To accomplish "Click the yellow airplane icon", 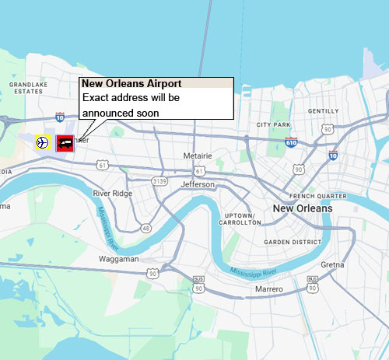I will [42, 142].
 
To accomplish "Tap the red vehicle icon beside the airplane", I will [65, 142].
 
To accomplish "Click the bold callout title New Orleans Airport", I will [132, 84].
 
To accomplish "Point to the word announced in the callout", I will [107, 113].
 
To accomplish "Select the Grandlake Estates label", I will [26, 87].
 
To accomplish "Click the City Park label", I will [273, 124].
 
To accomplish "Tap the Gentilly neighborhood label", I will [323, 111].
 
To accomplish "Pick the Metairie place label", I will [198, 156].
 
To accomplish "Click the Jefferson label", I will [198, 184].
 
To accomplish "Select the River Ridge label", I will [113, 193].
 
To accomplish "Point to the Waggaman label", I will [118, 259].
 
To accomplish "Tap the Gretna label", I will [332, 265].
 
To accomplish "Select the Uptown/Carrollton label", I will [240, 218].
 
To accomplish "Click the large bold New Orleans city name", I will [302, 208].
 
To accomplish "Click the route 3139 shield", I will [159, 181].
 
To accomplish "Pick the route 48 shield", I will [145, 228].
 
